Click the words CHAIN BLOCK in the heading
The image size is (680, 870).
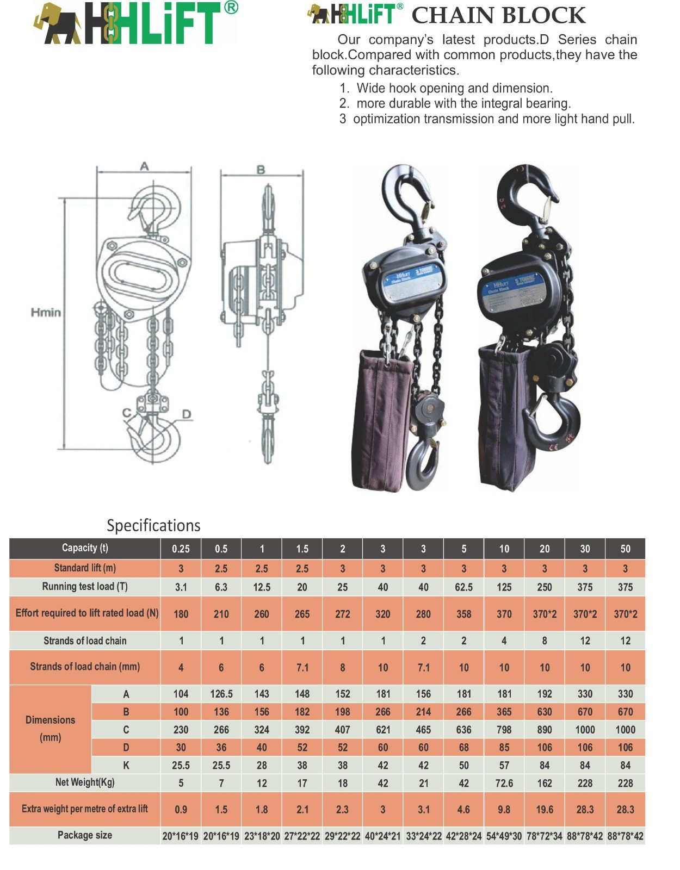[498, 16]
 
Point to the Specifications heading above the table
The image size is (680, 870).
[153, 526]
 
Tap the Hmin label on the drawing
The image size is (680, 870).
[46, 312]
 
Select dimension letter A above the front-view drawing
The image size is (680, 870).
[144, 166]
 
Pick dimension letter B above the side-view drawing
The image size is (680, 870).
[261, 170]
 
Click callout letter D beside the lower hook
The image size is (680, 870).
[187, 414]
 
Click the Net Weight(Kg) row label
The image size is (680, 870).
[85, 782]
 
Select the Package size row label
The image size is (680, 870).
[85, 835]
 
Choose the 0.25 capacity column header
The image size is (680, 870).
[181, 549]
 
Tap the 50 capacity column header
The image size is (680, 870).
[625, 549]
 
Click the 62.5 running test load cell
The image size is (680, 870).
[463, 587]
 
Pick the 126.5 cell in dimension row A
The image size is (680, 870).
[221, 694]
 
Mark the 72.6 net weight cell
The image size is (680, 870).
[504, 783]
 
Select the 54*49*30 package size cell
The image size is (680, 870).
[504, 836]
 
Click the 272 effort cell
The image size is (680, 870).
[342, 614]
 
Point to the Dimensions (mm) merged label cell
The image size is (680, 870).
[51, 729]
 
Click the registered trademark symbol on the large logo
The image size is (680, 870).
[231, 7]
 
